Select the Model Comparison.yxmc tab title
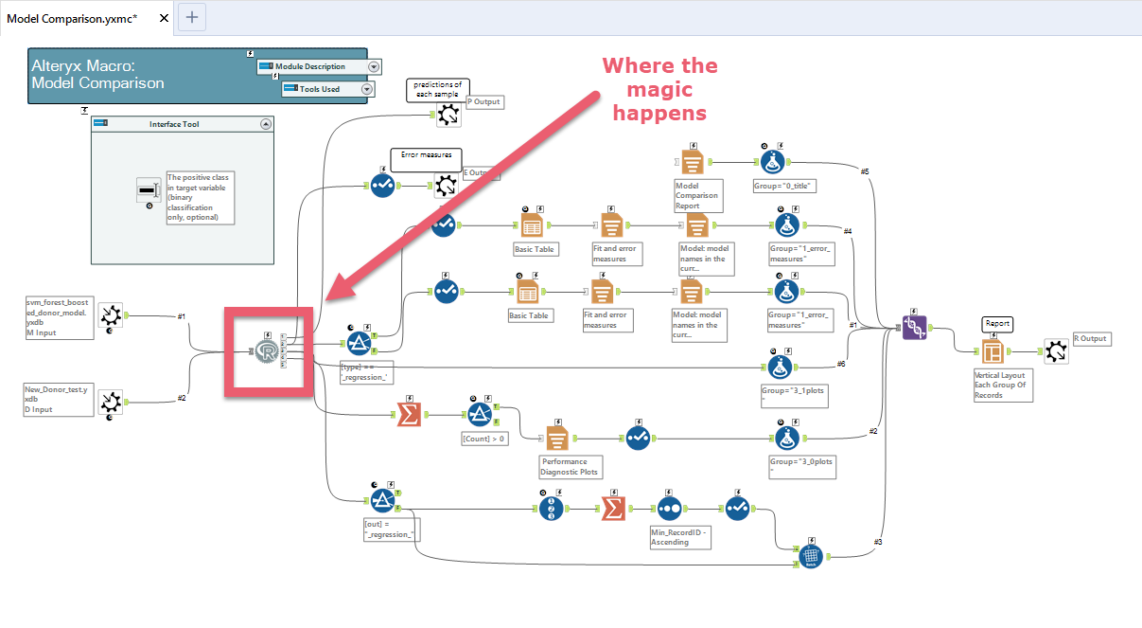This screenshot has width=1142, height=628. (72, 18)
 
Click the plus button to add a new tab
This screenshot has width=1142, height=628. (192, 17)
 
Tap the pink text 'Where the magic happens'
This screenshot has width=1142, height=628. (660, 89)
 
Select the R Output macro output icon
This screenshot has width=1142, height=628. (1057, 350)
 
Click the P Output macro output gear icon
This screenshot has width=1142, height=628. (448, 115)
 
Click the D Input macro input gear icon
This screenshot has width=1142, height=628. (111, 399)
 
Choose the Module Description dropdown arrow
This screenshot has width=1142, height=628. (374, 67)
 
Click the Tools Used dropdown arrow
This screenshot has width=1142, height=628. (367, 89)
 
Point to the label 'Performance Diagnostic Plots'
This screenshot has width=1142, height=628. (571, 465)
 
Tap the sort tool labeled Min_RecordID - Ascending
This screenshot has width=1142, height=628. (669, 508)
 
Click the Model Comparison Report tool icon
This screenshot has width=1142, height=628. (693, 160)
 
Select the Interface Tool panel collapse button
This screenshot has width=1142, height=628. (266, 124)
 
